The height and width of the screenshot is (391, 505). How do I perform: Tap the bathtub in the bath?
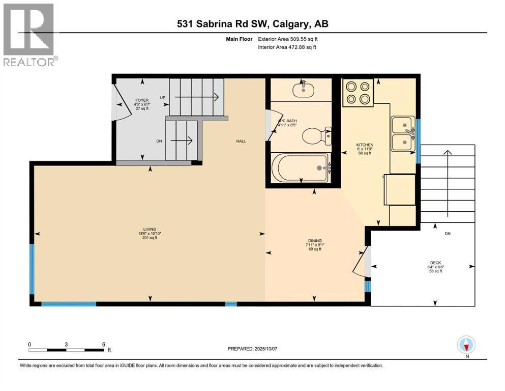[x=300, y=167]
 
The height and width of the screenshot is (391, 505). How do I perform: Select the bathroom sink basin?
[x=303, y=89]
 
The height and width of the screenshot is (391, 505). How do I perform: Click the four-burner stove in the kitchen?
[x=358, y=93]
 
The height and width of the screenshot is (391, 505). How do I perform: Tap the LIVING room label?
[x=150, y=230]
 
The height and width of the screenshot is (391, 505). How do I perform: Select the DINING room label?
[x=315, y=241]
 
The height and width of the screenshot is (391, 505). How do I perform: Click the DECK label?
[x=435, y=264]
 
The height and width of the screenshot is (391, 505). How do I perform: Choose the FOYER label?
[x=141, y=100]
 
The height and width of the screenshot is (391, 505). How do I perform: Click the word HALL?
[x=241, y=141]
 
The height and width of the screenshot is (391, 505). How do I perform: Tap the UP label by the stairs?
[x=163, y=97]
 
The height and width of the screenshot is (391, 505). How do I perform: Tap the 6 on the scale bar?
[x=103, y=344]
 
